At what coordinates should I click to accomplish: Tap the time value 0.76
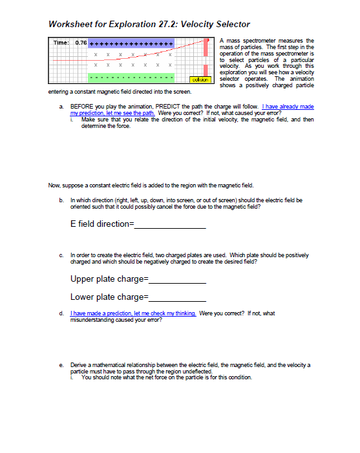tap(81, 43)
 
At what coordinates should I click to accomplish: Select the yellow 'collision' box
tap(198, 78)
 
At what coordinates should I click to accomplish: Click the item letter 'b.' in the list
tap(61, 201)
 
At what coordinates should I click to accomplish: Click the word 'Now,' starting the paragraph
tap(56, 185)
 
